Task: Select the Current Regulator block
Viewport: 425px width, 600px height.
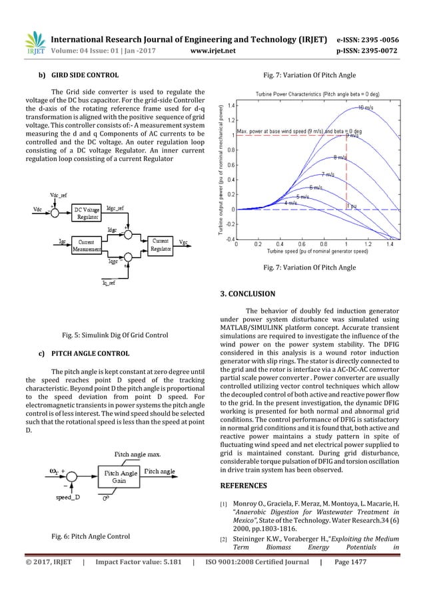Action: pos(161,244)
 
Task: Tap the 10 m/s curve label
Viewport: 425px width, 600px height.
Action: pos(366,108)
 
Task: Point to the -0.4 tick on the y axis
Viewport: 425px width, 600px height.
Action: pos(226,238)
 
